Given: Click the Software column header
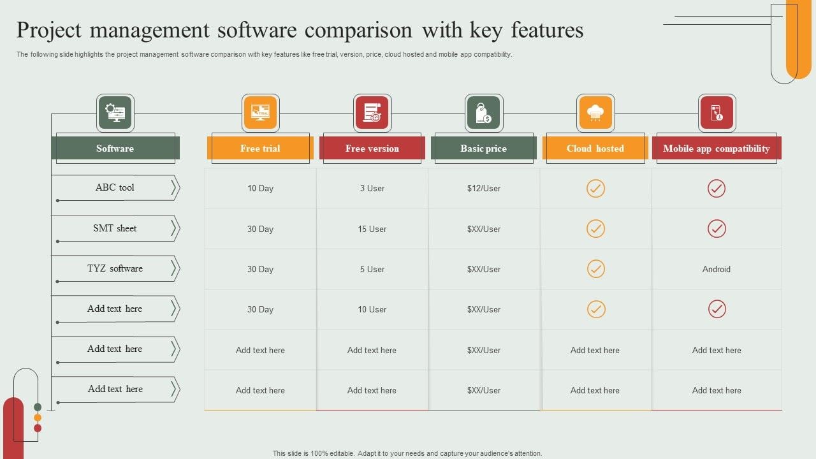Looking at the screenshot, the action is click(x=115, y=149).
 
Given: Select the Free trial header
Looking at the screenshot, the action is click(x=260, y=149).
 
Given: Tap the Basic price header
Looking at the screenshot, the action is click(x=483, y=149).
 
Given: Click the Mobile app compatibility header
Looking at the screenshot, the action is click(x=717, y=149).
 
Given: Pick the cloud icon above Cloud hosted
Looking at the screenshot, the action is click(x=595, y=113).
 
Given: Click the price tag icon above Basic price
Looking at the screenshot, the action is click(x=484, y=113).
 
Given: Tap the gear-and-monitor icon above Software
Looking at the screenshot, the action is click(x=115, y=113).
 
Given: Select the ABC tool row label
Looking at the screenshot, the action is click(x=115, y=187).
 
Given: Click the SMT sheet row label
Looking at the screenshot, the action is click(x=115, y=228).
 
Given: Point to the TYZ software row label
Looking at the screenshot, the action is click(x=115, y=268).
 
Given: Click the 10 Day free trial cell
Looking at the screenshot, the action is click(x=260, y=188).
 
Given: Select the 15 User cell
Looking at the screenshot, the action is click(x=372, y=229).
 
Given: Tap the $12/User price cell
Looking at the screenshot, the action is click(x=484, y=188).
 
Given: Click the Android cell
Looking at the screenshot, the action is click(x=717, y=269).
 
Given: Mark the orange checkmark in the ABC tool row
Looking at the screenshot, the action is click(x=595, y=188).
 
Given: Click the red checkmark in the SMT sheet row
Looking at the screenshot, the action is click(x=717, y=229).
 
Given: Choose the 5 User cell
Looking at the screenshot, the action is click(x=372, y=269).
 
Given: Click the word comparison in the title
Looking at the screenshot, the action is click(x=358, y=30).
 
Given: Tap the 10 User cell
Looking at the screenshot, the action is click(x=372, y=309).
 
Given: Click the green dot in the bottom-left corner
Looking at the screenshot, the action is click(x=38, y=407).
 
